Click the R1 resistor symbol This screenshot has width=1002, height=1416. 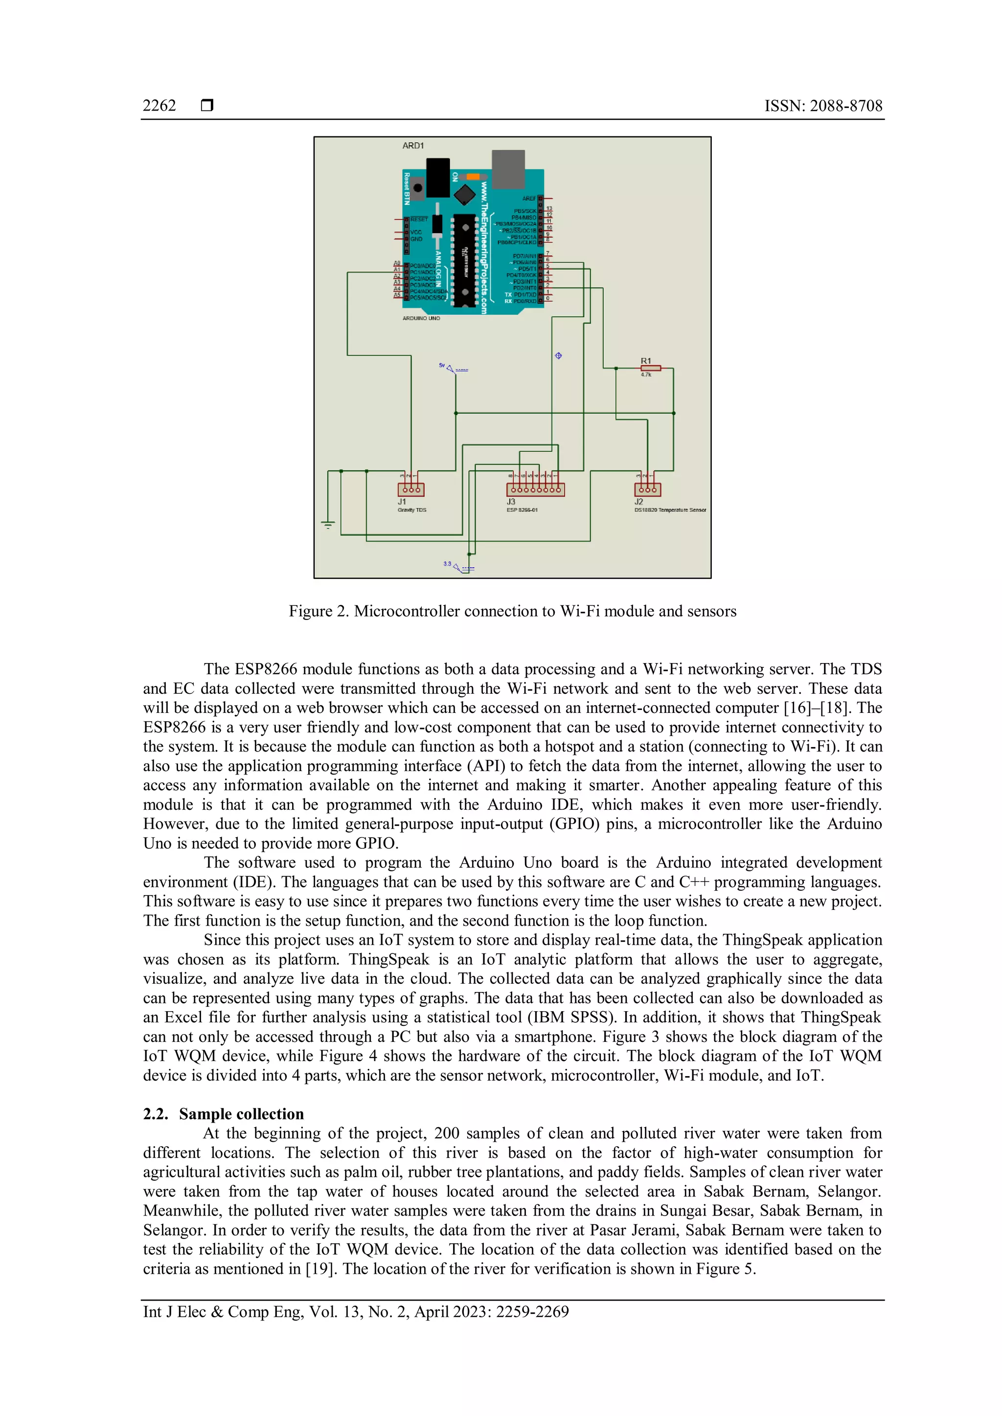(650, 368)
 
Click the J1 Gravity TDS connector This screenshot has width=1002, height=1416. (410, 489)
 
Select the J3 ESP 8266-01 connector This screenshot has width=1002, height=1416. (535, 489)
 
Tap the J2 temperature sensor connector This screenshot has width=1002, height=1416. (647, 489)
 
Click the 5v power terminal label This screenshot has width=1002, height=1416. (442, 365)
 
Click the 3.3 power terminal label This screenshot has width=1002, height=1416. (447, 564)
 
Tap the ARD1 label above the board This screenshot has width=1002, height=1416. (413, 146)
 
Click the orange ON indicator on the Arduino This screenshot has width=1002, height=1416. (473, 177)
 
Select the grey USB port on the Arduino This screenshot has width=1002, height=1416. (508, 168)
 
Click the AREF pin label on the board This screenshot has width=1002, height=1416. (529, 199)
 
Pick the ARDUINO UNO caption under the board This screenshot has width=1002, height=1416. (421, 318)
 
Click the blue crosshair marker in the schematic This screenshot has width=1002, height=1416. (558, 355)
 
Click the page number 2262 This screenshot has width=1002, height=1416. (159, 106)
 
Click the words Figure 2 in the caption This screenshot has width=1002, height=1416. (319, 611)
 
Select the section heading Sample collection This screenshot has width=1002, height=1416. (241, 1114)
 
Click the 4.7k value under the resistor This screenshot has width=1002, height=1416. (645, 375)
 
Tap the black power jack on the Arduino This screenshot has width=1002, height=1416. (438, 177)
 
